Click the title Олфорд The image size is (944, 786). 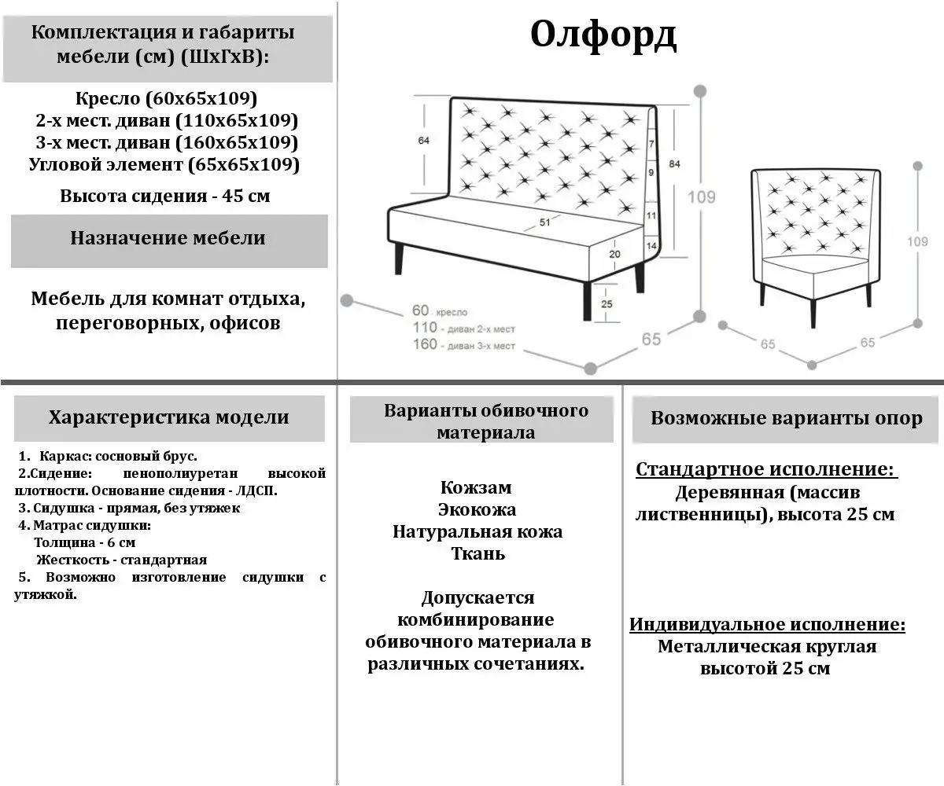tap(603, 35)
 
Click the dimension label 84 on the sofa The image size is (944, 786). tap(674, 163)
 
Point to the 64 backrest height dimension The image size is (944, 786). tap(423, 141)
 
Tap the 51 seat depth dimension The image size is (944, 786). tap(544, 222)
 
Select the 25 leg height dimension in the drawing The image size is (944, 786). tap(607, 303)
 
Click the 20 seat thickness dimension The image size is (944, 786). tap(614, 254)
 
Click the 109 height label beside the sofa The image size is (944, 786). tap(702, 196)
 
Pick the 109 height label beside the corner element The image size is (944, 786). tap(917, 242)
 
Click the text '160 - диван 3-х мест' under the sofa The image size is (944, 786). tap(463, 345)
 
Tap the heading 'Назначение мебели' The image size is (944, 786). tap(168, 238)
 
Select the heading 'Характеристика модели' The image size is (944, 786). tap(168, 417)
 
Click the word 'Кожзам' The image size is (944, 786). tap(476, 487)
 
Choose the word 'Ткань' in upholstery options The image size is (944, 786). tap(478, 553)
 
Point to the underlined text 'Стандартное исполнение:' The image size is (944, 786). tap(765, 470)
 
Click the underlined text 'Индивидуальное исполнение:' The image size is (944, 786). tap(767, 626)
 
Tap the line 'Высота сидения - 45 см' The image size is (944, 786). tap(165, 196)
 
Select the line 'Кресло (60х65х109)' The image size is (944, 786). tap(167, 99)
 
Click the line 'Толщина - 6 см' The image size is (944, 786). tap(85, 542)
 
